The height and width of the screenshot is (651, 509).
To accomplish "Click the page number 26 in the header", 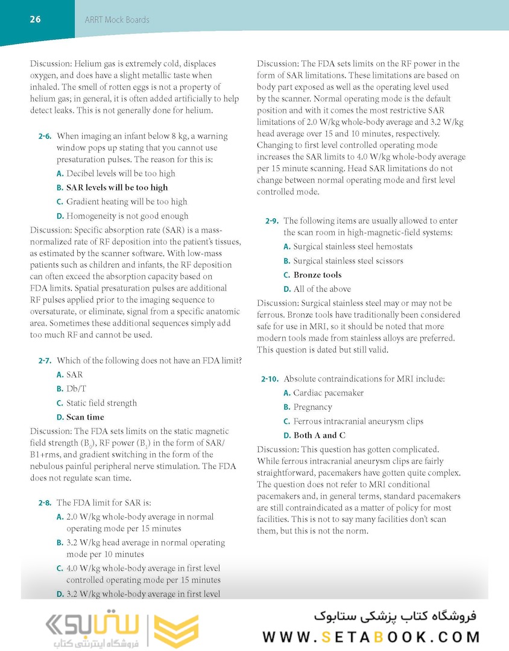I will point(35,19).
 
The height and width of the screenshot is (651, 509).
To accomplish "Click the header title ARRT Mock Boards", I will point(117,20).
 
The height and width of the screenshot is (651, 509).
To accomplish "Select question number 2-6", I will point(45,137).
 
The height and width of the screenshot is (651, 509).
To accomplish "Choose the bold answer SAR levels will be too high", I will point(116,187).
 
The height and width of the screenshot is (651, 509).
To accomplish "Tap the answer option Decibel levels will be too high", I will point(121,174).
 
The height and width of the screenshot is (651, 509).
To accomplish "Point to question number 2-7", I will point(45,361).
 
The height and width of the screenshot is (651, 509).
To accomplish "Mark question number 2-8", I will point(45,503).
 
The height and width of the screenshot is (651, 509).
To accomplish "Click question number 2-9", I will point(272,221).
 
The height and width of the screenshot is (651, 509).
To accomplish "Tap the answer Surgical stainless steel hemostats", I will point(352,247).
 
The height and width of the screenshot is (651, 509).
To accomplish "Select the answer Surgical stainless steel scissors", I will point(348,261).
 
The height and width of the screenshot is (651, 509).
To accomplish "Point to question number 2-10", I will point(270,379).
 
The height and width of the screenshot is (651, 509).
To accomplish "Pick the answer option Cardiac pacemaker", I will point(328,393).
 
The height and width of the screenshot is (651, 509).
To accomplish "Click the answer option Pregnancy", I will point(312,407).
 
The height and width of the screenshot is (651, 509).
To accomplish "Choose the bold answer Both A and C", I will point(319,435).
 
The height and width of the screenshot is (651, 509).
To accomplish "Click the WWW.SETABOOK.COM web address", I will point(371,637).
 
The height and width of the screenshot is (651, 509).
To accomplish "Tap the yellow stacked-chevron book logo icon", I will point(176,631).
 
